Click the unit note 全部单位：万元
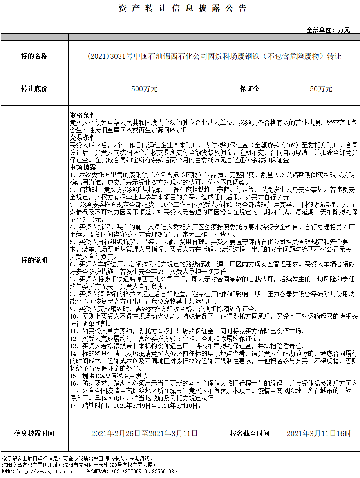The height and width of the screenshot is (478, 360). click(328, 30)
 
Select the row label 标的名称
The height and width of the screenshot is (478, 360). click(34, 56)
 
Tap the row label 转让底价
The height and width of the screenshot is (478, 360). click(34, 89)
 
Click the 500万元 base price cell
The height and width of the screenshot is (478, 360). click(145, 89)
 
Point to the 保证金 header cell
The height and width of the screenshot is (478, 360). click(250, 89)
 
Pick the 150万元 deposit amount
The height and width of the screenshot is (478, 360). click(319, 89)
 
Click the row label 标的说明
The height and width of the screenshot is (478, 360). click(34, 260)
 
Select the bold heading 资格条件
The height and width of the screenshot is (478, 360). click(83, 116)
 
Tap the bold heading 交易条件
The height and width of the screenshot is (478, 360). click(83, 138)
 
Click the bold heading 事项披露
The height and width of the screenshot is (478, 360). click(83, 167)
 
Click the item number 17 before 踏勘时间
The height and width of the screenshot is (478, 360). click(73, 406)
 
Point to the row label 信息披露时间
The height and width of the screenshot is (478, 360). click(34, 433)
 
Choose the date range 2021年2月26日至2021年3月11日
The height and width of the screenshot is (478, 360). click(145, 433)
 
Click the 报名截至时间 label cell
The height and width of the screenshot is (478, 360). click(250, 433)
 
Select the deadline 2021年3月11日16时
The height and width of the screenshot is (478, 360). click(319, 433)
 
